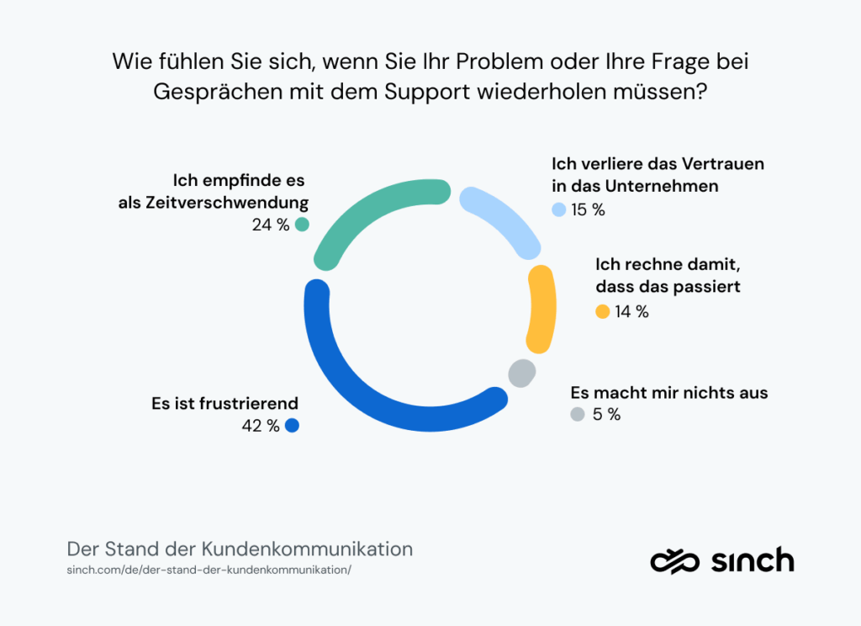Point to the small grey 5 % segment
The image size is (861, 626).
pyautogui.click(x=522, y=372)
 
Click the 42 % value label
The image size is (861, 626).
pyautogui.click(x=261, y=426)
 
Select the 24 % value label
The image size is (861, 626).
pyautogui.click(x=270, y=225)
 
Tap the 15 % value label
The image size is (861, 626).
pyautogui.click(x=588, y=210)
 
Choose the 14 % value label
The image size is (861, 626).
pyautogui.click(x=631, y=311)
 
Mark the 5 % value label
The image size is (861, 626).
pyautogui.click(x=605, y=414)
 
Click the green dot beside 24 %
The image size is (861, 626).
pyautogui.click(x=302, y=225)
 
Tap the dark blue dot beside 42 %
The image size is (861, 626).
pyautogui.click(x=292, y=426)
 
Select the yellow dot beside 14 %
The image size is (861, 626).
pyautogui.click(x=602, y=311)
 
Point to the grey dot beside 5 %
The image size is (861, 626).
pyautogui.click(x=577, y=414)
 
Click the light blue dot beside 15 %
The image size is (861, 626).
pyautogui.click(x=559, y=210)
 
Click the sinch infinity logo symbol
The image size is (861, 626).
pyautogui.click(x=674, y=560)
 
